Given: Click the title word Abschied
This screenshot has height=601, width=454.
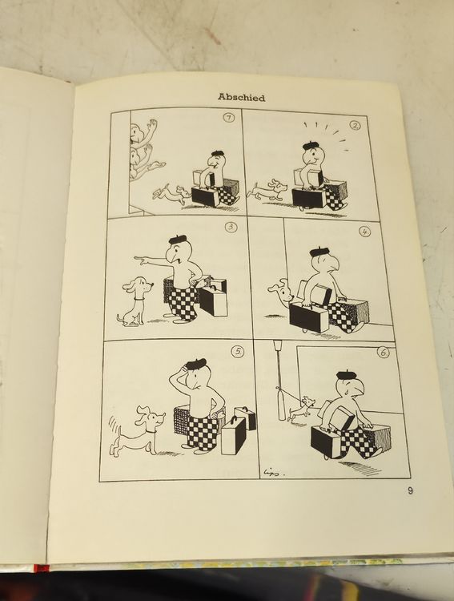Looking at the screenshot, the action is tap(241, 97).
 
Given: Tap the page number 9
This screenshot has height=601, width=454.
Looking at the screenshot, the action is tap(410, 490).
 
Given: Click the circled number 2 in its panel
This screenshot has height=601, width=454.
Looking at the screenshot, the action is tap(356, 125).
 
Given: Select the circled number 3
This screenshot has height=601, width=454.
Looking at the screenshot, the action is tap(231, 228).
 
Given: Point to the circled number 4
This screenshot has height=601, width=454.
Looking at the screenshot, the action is tap(364, 232).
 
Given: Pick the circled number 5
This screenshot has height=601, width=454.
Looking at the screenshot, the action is tap(239, 352).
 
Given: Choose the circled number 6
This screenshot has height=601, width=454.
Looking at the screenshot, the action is tap(383, 353).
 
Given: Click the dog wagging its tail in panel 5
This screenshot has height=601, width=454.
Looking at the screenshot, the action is tap(137, 430).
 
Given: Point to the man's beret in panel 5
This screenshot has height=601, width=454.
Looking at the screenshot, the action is tap(196, 364).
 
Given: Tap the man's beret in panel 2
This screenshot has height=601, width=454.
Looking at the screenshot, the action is tap(311, 145).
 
